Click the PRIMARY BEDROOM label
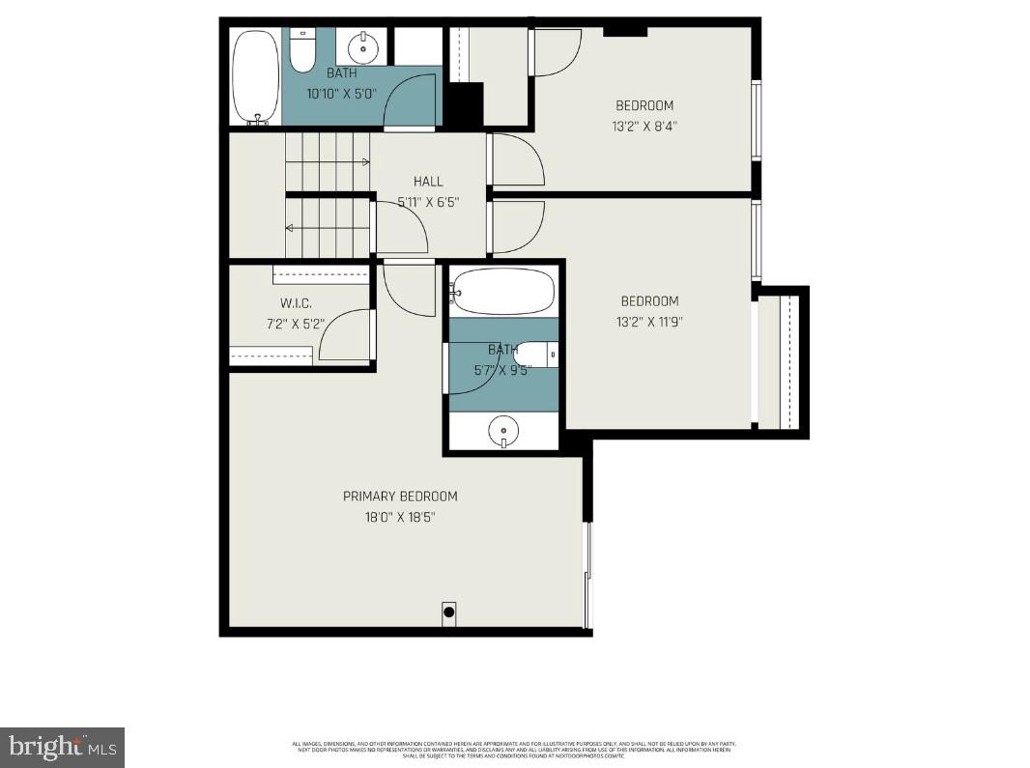[400, 496]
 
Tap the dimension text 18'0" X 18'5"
[400, 517]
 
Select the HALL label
[428, 181]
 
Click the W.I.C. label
[296, 302]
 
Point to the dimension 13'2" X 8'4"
[644, 126]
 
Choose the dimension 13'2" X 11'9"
[649, 322]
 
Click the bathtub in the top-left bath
[256, 77]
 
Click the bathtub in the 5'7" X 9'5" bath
[503, 291]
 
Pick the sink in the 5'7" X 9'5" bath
[503, 430]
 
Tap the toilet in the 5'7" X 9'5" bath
[536, 355]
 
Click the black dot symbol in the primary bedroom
[449, 612]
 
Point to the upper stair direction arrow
[329, 161]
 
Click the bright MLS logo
[62, 747]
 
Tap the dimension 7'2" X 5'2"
[296, 324]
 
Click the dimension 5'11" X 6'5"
[428, 202]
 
